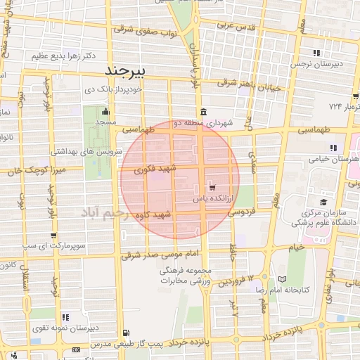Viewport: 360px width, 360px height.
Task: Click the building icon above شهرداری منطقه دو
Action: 203,111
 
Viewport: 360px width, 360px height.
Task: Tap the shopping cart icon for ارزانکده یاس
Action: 211,188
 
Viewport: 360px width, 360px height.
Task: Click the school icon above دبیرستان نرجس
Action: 317,53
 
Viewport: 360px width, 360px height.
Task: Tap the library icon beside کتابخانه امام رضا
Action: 283,279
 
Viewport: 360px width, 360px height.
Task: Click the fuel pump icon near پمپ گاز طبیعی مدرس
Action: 126,333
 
